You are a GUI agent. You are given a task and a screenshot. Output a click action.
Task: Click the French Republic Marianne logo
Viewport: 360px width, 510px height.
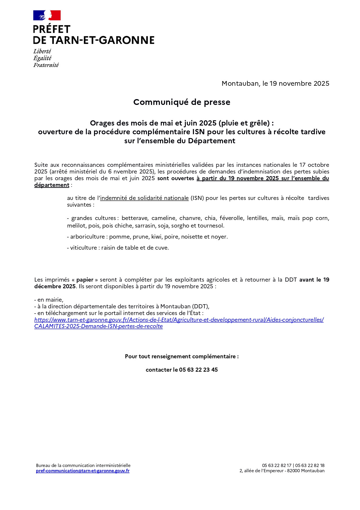(47, 15)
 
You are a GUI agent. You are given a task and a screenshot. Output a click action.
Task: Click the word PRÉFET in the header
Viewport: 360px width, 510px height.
(52, 29)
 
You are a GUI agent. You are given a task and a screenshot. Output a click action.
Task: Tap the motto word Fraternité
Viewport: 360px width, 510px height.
(46, 65)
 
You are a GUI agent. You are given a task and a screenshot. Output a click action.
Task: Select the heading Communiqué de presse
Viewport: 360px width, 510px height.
(182, 102)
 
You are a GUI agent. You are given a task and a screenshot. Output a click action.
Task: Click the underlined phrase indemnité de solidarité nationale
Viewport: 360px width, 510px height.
(144, 198)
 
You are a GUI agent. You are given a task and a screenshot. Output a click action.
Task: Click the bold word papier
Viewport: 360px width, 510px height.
(85, 280)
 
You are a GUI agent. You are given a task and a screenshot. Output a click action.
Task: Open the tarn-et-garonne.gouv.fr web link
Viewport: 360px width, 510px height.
(179, 320)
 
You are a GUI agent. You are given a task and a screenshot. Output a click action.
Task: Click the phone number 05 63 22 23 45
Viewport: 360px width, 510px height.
(198, 370)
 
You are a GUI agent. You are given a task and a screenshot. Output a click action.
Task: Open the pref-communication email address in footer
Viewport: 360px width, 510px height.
(83, 471)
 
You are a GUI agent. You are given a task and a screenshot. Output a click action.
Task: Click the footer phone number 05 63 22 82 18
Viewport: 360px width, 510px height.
(310, 466)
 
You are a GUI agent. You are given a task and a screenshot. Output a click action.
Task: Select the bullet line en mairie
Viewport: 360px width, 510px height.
(49, 300)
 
